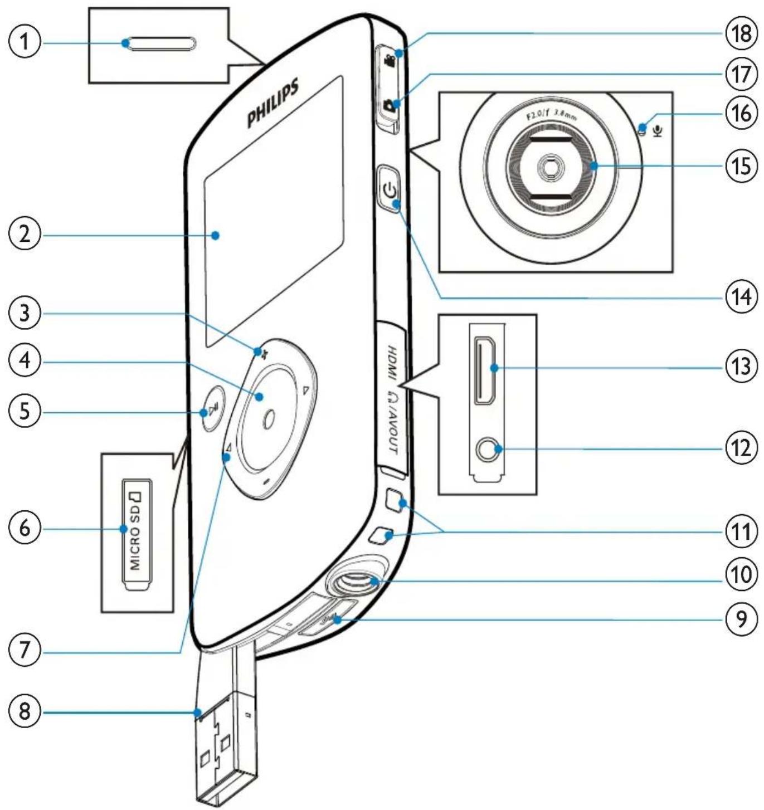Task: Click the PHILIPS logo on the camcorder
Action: [273, 103]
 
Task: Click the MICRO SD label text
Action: [135, 530]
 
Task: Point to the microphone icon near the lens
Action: [657, 131]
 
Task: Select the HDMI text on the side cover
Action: [392, 363]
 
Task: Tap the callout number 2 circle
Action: [25, 235]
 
